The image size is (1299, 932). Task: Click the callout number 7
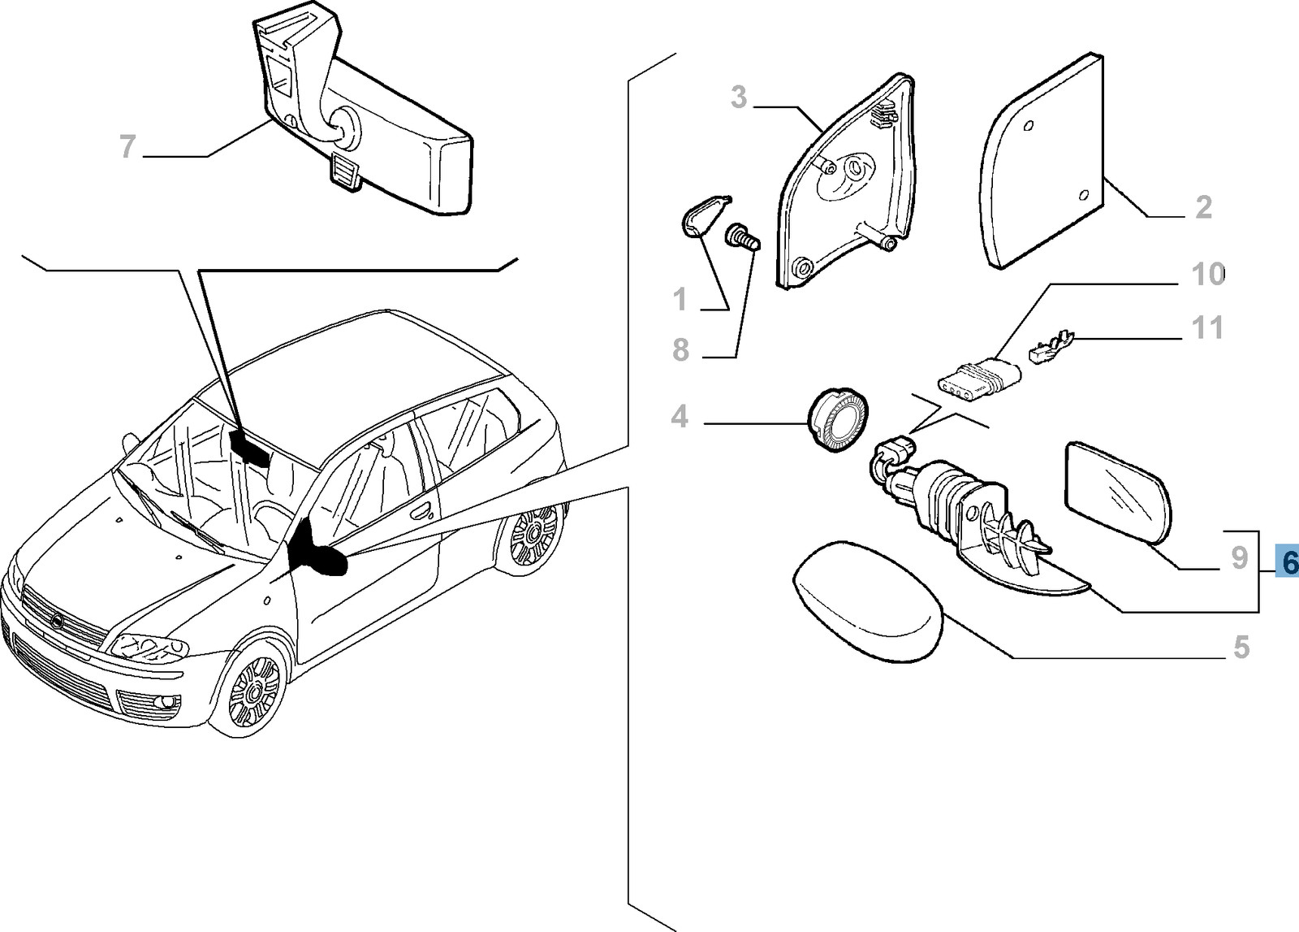tap(127, 147)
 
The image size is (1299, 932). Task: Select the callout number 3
tap(737, 98)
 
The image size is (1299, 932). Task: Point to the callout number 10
tap(1207, 275)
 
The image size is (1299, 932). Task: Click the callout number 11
tap(1206, 328)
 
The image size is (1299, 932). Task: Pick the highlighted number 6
tap(1287, 560)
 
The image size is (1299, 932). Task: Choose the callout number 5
tap(1241, 648)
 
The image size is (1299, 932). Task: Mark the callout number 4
tap(680, 417)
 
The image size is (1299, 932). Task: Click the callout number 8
tap(680, 350)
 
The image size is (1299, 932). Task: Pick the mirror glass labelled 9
tap(1119, 490)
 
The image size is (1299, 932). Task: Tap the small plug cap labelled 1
tap(701, 216)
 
